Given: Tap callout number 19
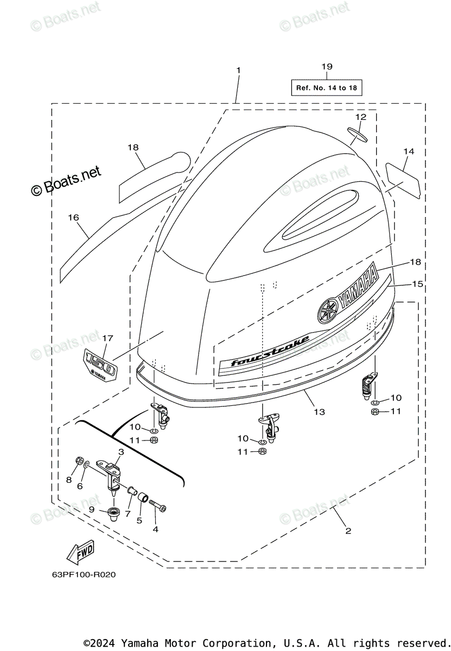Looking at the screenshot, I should [326, 67].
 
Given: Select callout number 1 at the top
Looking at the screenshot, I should [238, 71].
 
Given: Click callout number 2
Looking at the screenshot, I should [348, 531].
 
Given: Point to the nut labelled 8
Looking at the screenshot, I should [80, 462].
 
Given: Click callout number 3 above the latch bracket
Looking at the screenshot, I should [121, 452].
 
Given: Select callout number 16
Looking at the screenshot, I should [73, 218].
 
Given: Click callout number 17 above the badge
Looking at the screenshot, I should [107, 338].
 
